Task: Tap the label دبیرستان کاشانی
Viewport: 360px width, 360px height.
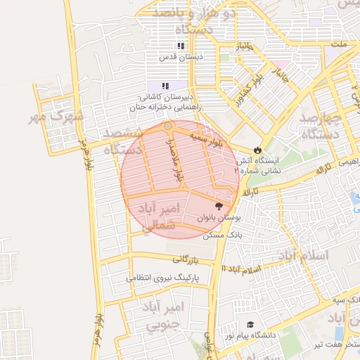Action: (x=167, y=96)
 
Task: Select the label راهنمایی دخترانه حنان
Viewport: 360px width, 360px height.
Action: (x=162, y=108)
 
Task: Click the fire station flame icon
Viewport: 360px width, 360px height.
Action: (x=257, y=150)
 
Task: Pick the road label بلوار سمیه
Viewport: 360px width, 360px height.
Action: (x=207, y=138)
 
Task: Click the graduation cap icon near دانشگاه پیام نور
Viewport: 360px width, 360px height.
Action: (x=250, y=325)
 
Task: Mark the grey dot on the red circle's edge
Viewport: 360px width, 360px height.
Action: (x=168, y=127)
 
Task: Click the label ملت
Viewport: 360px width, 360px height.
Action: (x=340, y=44)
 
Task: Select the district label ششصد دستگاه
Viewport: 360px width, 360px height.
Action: (x=122, y=141)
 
